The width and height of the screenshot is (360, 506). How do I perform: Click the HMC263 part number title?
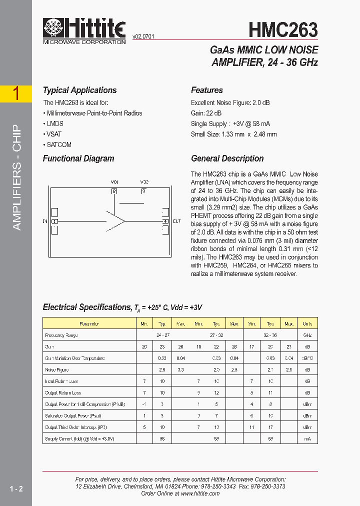pyautogui.click(x=283, y=30)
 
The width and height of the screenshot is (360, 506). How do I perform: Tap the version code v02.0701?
pyautogui.click(x=143, y=36)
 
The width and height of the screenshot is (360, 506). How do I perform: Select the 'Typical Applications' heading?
pyautogui.click(x=79, y=90)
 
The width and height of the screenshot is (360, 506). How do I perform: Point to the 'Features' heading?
pyautogui.click(x=206, y=90)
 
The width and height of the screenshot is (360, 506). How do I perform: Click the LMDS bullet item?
pyautogui.click(x=53, y=123)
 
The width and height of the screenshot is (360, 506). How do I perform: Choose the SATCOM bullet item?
pyautogui.click(x=57, y=145)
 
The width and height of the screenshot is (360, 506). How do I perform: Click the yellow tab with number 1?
pyautogui.click(x=16, y=94)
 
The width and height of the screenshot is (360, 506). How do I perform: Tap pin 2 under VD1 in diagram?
pyautogui.click(x=114, y=191)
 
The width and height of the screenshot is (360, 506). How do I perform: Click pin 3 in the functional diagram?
pyautogui.click(x=144, y=191)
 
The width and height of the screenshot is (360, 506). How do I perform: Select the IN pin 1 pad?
pyautogui.click(x=55, y=221)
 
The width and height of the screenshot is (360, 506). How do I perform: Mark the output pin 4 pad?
pyautogui.click(x=165, y=221)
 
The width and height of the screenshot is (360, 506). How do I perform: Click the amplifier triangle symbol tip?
pyautogui.click(x=124, y=220)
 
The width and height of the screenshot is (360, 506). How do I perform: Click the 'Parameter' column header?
pyautogui.click(x=89, y=324)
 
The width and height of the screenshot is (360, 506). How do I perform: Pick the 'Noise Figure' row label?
pyautogui.click(x=57, y=370)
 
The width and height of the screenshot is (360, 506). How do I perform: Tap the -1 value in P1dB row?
pyautogui.click(x=144, y=404)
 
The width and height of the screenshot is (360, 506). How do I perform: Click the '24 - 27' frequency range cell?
pyautogui.click(x=162, y=335)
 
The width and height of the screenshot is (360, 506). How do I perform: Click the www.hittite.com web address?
pyautogui.click(x=200, y=493)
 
